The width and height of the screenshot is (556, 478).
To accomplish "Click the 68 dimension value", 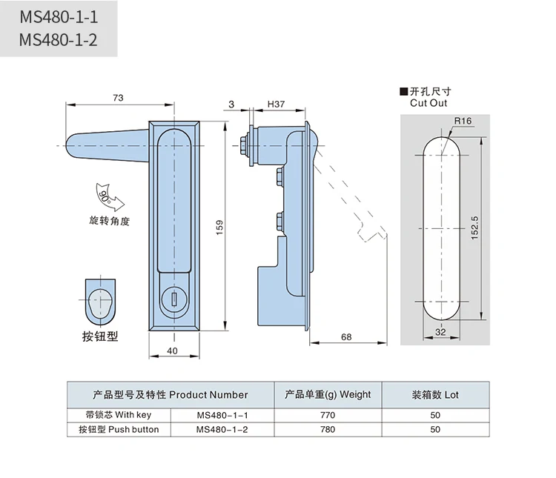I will coord(346,337).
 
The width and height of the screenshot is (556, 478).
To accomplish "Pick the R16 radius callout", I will coord(463,121).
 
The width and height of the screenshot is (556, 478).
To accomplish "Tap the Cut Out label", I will coord(428,103).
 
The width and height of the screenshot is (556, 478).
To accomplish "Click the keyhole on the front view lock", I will coord(174,299).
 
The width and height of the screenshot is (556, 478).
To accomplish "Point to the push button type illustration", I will coord(100,300).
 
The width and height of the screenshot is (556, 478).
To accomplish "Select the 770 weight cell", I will coord(327,415).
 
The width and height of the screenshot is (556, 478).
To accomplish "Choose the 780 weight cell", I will coord(327,429).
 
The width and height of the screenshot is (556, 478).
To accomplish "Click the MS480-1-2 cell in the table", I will coord(222,429).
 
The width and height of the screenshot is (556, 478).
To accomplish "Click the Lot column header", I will coord(435,395).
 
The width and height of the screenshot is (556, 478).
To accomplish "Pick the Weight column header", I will coord(327,395).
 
